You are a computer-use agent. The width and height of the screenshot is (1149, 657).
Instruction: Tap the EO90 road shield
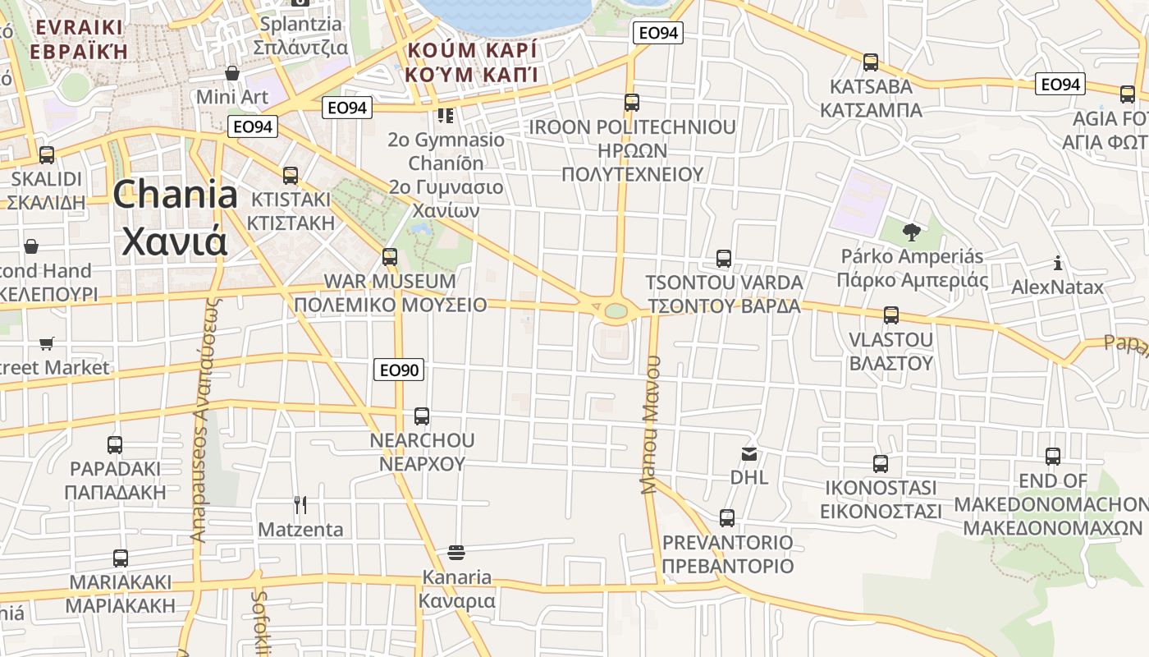399,370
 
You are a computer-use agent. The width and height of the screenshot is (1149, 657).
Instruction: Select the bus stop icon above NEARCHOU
422,416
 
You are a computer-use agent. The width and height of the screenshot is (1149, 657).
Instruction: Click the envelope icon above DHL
749,453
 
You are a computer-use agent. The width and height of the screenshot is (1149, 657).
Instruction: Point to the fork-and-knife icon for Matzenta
300,505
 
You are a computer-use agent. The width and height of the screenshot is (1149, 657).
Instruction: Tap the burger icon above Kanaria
456,553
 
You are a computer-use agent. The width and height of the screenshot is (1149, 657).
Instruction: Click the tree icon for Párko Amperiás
911,232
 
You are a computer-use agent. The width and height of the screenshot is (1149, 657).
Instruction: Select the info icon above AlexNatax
1058,264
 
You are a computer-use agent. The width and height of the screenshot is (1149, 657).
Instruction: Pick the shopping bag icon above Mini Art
232,73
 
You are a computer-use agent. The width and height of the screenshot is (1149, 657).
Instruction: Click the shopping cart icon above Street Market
47,343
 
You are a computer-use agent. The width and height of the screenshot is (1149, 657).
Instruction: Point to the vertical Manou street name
651,425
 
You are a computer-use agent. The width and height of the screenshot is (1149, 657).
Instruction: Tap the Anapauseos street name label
204,419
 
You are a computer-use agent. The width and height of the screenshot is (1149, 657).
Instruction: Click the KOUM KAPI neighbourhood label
471,62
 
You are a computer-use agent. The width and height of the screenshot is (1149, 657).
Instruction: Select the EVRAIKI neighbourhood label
79,39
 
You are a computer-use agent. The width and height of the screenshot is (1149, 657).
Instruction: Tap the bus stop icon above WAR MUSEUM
390,257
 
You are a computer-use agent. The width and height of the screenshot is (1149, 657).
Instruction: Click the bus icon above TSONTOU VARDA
724,259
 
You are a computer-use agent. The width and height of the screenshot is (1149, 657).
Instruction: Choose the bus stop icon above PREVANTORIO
727,518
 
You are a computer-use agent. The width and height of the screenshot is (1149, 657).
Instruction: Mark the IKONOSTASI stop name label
881,499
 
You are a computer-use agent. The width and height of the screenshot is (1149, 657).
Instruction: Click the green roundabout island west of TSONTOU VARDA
615,311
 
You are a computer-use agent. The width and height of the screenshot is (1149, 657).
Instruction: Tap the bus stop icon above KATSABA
871,62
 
